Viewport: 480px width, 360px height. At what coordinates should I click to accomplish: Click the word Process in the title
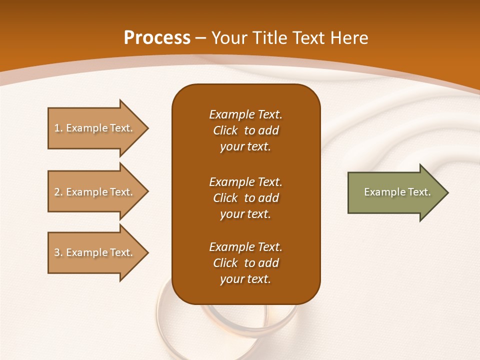click(x=157, y=38)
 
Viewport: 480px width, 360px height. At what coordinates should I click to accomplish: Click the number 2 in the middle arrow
click(x=57, y=192)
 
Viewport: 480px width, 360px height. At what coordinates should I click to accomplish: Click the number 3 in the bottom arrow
click(x=57, y=252)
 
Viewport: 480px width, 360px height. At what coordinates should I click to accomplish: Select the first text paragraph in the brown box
click(x=245, y=130)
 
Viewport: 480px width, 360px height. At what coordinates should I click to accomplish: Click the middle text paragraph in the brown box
click(x=245, y=198)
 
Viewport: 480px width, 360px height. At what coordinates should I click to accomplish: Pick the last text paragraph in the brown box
click(x=245, y=263)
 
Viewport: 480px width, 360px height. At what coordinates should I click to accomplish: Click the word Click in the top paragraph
click(x=225, y=130)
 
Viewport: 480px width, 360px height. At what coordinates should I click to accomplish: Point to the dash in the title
click(x=200, y=38)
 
